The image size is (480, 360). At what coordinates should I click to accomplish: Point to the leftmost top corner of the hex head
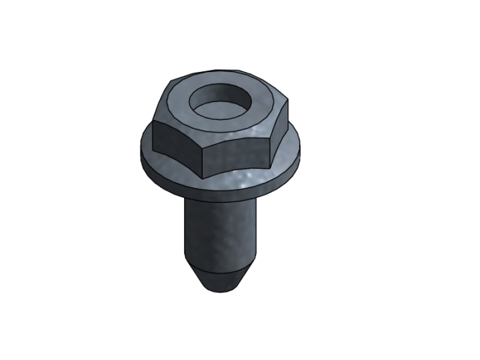154,122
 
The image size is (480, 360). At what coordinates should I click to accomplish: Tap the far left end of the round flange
141,147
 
